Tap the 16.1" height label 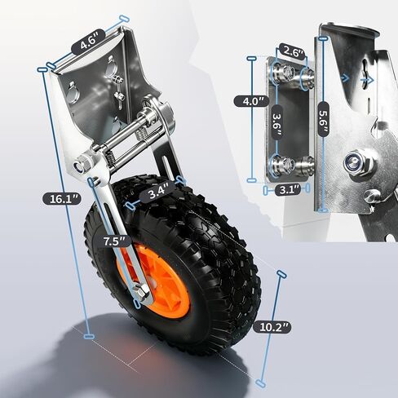click(x=61, y=199)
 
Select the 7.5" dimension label click(x=114, y=241)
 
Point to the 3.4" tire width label click(x=157, y=192)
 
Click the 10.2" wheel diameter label click(x=272, y=327)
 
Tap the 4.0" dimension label click(x=251, y=101)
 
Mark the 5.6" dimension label click(x=323, y=119)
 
